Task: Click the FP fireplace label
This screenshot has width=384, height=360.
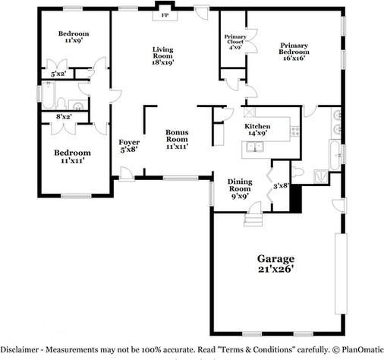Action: click(x=165, y=15)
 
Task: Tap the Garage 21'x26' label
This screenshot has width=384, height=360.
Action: click(x=275, y=264)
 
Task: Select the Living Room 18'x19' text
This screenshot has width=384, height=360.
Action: click(x=163, y=56)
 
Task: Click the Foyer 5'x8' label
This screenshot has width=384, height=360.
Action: click(x=129, y=146)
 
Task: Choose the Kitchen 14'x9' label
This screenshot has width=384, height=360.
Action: click(x=257, y=130)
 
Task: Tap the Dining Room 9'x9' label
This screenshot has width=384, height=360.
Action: click(x=240, y=188)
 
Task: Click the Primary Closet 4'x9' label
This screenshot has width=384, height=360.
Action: click(x=235, y=42)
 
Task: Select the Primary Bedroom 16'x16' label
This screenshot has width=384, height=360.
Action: click(x=294, y=52)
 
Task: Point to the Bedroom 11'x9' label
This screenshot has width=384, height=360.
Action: click(x=74, y=37)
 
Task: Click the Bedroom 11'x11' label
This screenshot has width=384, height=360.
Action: click(x=72, y=156)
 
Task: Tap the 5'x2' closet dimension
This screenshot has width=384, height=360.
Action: click(x=58, y=74)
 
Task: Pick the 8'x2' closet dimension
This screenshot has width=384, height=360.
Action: click(x=64, y=116)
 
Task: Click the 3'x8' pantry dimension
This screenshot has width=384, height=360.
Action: click(x=281, y=186)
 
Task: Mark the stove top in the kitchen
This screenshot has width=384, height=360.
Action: click(x=294, y=131)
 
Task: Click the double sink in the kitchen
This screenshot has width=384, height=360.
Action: click(x=254, y=147)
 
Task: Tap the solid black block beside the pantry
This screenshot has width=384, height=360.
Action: click(x=295, y=199)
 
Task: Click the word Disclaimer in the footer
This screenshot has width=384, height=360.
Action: click(x=20, y=349)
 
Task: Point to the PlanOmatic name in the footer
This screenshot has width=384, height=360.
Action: click(x=363, y=349)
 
